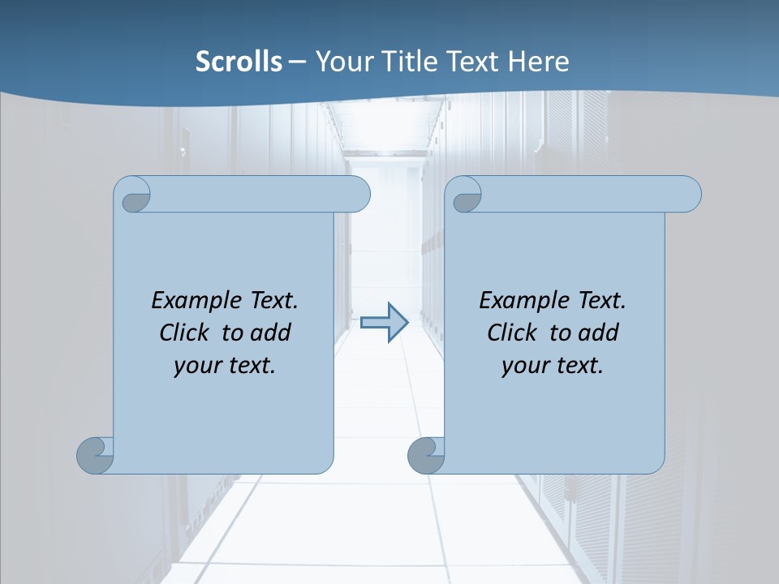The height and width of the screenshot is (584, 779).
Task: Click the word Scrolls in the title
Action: pos(239,61)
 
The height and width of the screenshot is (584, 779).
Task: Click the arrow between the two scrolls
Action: pos(384,323)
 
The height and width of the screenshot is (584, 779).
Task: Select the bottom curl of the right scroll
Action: pos(427,455)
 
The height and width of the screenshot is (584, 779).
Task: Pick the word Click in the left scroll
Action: pos(184,333)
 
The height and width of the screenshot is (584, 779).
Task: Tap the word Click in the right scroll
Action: pos(512,333)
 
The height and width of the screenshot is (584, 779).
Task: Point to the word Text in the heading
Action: pos(471,61)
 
